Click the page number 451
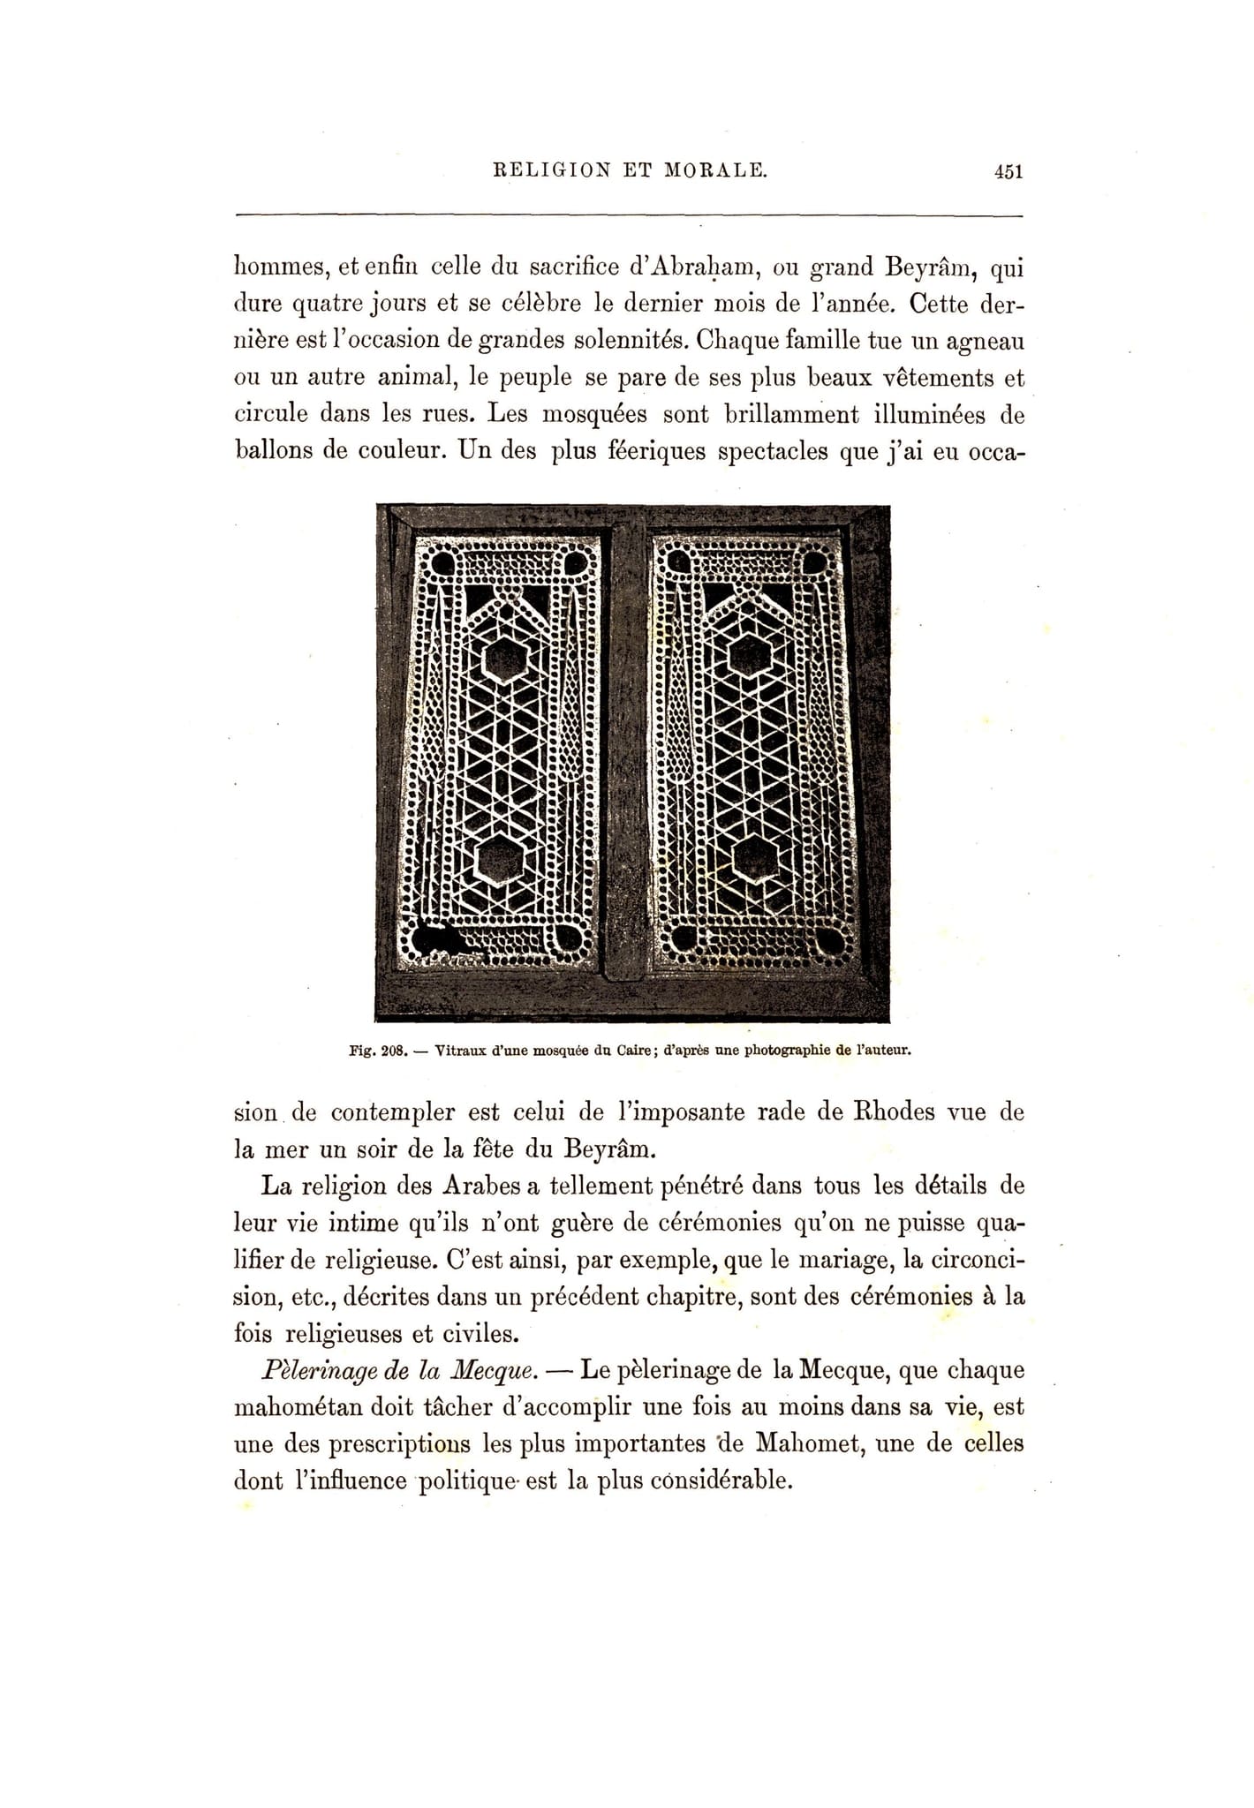tap(1008, 171)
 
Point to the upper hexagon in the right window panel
tap(750, 654)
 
